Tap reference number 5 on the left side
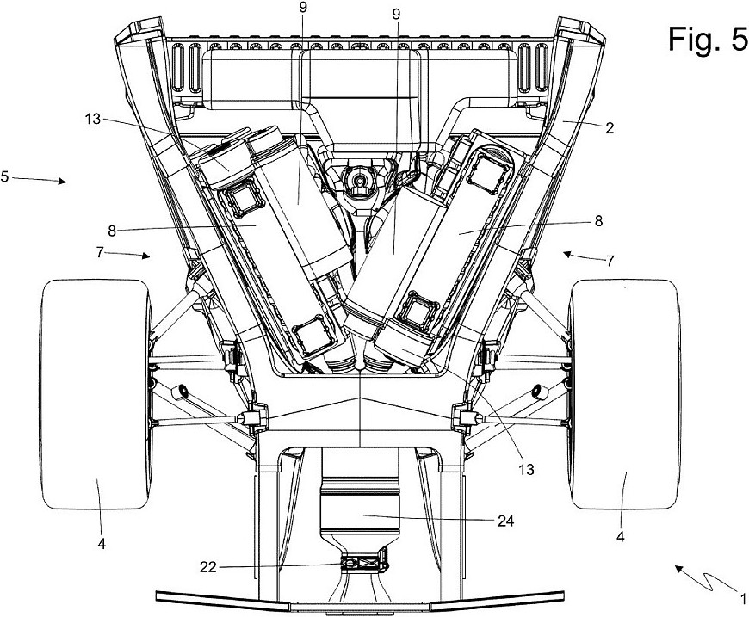5,176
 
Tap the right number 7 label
610,259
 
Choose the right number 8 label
597,220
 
